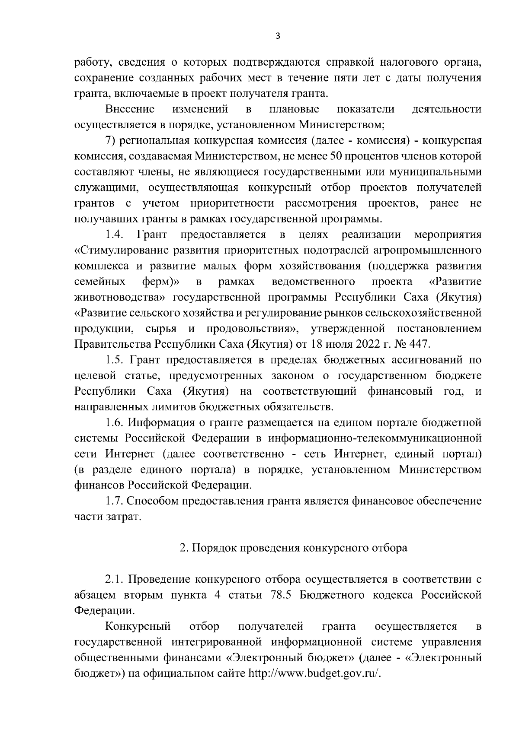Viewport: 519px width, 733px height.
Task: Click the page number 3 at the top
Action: tap(278, 37)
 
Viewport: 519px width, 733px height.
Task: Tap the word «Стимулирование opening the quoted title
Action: tap(121, 251)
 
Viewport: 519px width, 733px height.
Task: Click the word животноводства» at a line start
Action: tap(121, 298)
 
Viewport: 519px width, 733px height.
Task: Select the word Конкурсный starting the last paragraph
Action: tap(138, 626)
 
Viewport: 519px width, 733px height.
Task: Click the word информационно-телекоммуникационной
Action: tap(375, 438)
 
